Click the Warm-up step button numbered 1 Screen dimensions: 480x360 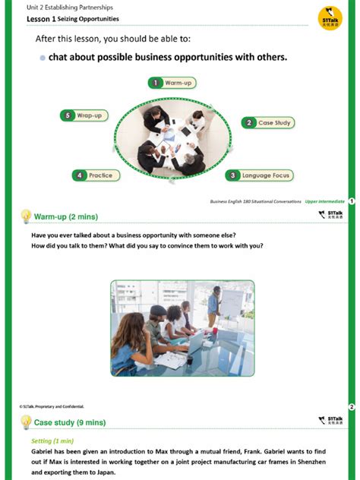pyautogui.click(x=172, y=82)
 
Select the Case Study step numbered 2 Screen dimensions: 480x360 pyautogui.click(x=267, y=122)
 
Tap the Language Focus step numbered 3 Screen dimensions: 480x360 pyautogui.click(x=259, y=175)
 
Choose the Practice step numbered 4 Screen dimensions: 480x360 pyautogui.click(x=95, y=175)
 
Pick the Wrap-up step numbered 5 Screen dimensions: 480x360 pyautogui.click(x=84, y=115)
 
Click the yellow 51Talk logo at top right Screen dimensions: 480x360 pyautogui.click(x=330, y=18)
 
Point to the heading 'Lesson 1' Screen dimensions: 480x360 pyautogui.click(x=41, y=19)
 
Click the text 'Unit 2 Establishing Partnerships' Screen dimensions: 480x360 pyautogui.click(x=69, y=8)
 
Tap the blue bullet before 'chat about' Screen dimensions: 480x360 pyautogui.click(x=42, y=58)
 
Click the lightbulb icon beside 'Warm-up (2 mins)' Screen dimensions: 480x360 pyautogui.click(x=26, y=216)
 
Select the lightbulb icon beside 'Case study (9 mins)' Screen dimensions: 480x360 pyautogui.click(x=26, y=422)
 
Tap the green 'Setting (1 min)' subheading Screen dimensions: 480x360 pyautogui.click(x=52, y=441)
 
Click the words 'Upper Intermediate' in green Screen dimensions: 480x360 pyautogui.click(x=324, y=201)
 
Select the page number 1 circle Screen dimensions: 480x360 pyautogui.click(x=352, y=201)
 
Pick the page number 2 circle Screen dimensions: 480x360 pyautogui.click(x=352, y=407)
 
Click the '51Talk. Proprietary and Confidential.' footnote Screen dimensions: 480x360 pyautogui.click(x=52, y=407)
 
